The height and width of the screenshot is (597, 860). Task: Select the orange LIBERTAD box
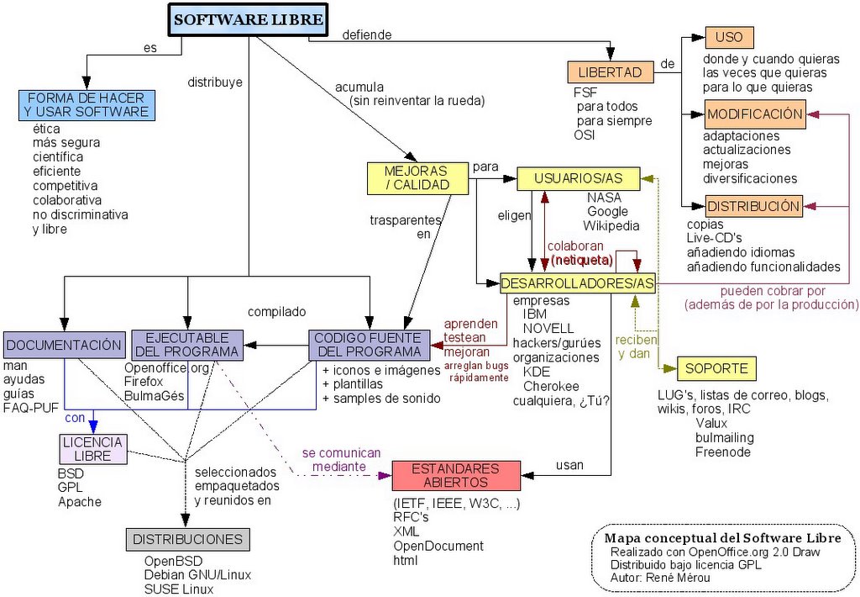[x=610, y=72]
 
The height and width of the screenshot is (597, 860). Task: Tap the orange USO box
[x=729, y=38]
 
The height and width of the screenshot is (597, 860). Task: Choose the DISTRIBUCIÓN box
[x=752, y=206]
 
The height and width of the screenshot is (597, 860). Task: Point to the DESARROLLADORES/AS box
[x=577, y=283]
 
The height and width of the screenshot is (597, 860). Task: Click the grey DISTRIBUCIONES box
[x=188, y=540]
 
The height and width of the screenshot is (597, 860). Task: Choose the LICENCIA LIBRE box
[x=92, y=449]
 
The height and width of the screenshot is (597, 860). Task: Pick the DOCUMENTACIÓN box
[x=63, y=345]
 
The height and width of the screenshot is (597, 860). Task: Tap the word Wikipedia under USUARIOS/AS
[x=611, y=225]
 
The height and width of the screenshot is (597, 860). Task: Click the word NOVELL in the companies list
[x=548, y=328]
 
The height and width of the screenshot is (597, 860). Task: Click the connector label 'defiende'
[x=367, y=34]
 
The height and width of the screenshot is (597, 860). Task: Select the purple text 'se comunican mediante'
[x=341, y=459]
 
